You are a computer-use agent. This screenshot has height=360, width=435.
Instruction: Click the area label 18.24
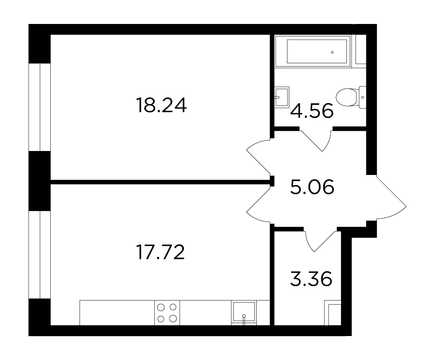point(161,105)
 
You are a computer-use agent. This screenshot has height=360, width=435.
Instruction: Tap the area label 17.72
point(160,252)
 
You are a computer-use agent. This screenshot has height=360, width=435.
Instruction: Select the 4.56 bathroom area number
point(311,111)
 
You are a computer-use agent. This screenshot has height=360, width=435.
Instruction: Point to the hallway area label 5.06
point(312,187)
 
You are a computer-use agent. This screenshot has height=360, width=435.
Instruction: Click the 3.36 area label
point(311,279)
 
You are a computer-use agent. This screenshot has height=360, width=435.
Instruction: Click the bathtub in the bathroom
point(313,51)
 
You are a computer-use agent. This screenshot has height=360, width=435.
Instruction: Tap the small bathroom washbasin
point(282,97)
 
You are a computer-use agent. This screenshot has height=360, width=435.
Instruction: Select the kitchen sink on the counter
point(244,313)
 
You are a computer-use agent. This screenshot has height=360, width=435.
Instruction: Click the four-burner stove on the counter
point(167,313)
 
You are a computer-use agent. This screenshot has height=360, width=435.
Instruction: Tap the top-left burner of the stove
point(161,307)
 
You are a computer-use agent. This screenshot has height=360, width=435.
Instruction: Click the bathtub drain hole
point(332,52)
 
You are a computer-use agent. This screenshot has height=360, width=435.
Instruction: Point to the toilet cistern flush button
point(363,97)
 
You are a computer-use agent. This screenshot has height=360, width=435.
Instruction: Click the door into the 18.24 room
point(259,157)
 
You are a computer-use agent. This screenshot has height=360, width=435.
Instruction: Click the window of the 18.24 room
point(40,107)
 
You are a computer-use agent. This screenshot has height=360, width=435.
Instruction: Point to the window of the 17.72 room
point(40,255)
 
